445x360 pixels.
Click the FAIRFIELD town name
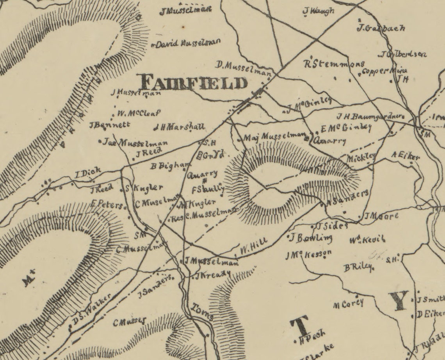click(x=194, y=83)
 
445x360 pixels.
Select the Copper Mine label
click(x=384, y=71)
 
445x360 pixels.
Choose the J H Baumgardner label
click(x=369, y=116)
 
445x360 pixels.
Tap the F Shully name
click(x=208, y=189)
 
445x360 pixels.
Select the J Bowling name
click(x=311, y=237)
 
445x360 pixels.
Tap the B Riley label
click(x=358, y=267)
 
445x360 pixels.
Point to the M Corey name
click(x=348, y=304)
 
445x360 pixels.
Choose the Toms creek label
click(x=202, y=312)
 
